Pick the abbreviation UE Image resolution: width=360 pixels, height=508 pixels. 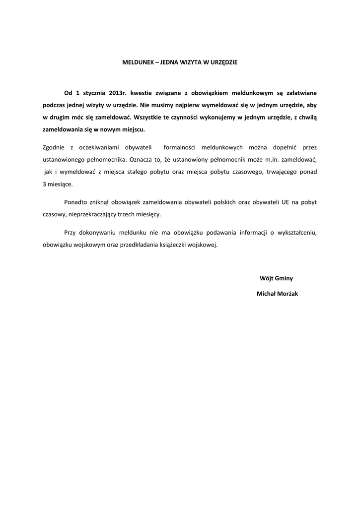(285, 202)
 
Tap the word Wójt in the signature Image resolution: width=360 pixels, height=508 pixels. (266, 278)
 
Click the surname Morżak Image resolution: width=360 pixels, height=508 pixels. (287, 294)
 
